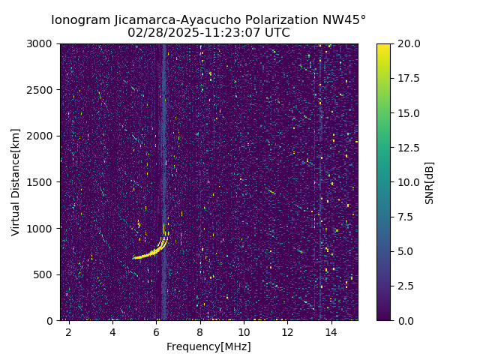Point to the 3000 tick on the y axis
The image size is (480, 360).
click(43, 44)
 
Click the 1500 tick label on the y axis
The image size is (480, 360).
click(43, 182)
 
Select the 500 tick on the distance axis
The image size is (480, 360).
click(46, 274)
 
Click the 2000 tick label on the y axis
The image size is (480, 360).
click(43, 136)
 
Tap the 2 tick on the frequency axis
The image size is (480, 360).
click(69, 331)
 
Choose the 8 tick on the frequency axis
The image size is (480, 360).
click(200, 331)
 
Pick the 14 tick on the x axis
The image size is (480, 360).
click(331, 331)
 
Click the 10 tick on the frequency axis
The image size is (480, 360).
click(244, 331)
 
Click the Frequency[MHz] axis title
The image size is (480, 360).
click(208, 346)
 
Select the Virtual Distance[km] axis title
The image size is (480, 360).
click(16, 182)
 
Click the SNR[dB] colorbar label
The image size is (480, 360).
click(430, 182)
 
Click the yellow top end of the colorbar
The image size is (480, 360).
click(383, 46)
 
